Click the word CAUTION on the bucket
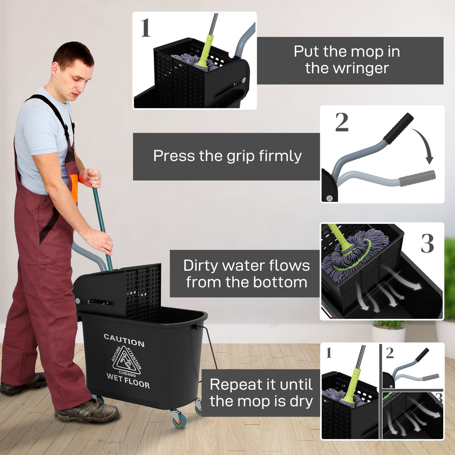[124, 340]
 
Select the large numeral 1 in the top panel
[146, 28]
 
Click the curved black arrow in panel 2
[423, 146]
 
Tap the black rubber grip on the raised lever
[398, 128]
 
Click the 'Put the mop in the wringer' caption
[347, 60]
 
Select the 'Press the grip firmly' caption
[227, 156]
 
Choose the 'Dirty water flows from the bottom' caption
[246, 273]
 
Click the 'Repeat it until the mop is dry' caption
[261, 392]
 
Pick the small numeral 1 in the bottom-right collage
[329, 353]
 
